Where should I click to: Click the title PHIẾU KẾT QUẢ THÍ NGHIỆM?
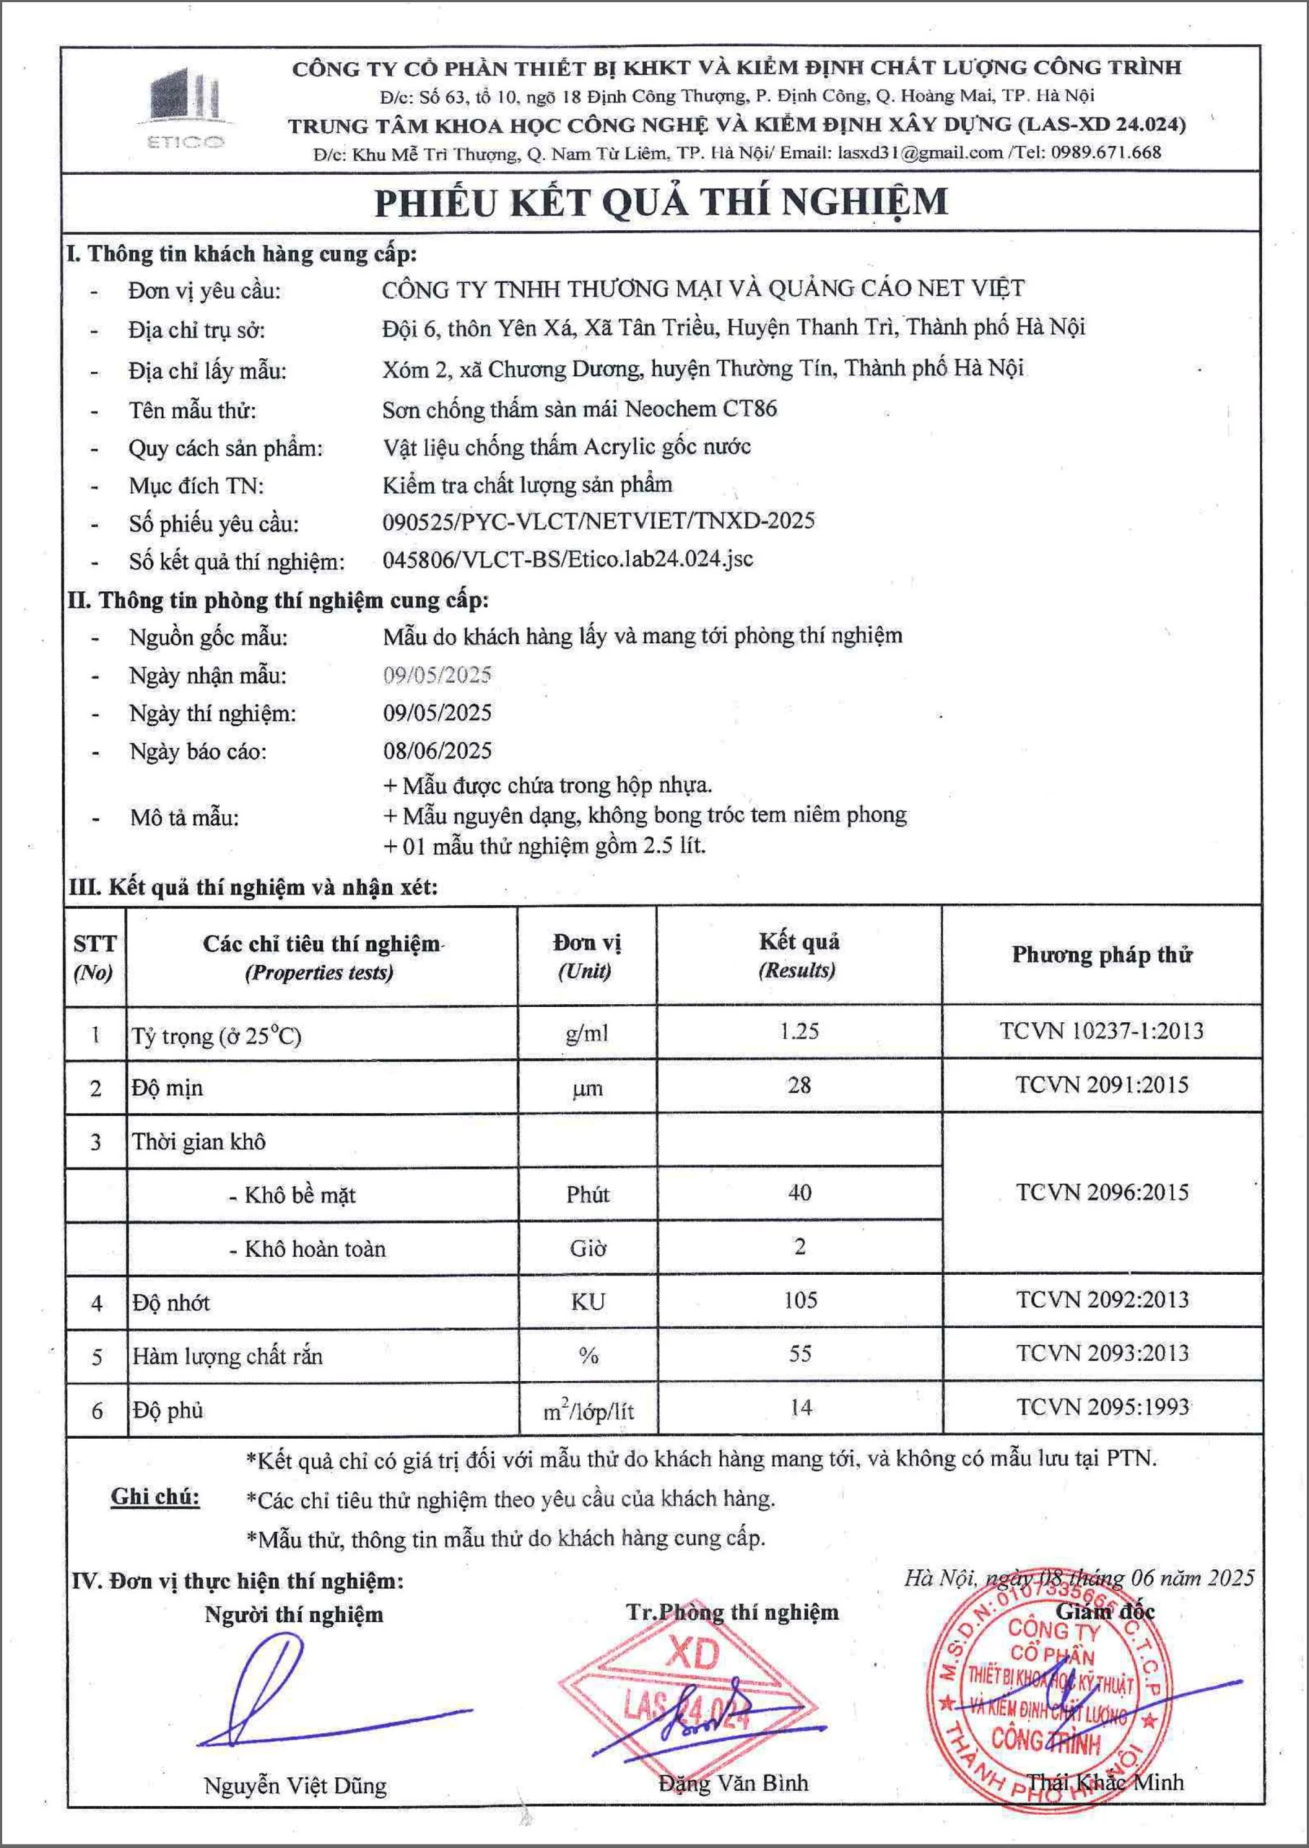tap(661, 202)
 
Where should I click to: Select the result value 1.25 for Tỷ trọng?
tap(799, 1031)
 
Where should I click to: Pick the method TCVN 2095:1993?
tap(1102, 1407)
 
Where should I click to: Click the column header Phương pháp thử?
tap(1102, 955)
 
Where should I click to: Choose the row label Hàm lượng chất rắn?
tap(227, 1356)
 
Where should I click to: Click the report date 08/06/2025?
tap(438, 751)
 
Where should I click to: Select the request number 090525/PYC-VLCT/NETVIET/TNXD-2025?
tap(598, 520)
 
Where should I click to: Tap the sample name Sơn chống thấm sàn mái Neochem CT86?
tap(580, 409)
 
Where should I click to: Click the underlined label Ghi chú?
tap(155, 1496)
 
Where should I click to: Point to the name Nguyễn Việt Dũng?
tap(295, 1785)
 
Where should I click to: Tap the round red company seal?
tap(1048, 1701)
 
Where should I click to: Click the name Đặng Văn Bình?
tap(733, 1783)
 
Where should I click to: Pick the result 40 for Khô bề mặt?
tap(799, 1193)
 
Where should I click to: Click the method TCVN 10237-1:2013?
tap(1102, 1031)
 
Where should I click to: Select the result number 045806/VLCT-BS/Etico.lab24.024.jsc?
tap(567, 559)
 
